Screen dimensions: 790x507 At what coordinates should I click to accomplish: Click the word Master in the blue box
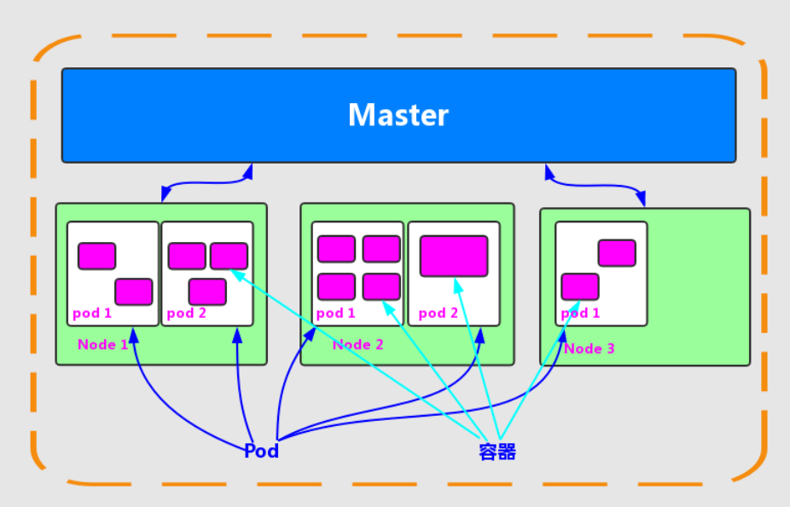(398, 115)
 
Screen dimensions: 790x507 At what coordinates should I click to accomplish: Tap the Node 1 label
(102, 344)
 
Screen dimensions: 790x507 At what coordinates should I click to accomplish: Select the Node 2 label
(358, 344)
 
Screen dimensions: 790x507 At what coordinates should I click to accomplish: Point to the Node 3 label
(590, 349)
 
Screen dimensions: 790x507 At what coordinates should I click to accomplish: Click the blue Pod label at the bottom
(262, 451)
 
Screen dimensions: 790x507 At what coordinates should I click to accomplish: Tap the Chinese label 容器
(497, 451)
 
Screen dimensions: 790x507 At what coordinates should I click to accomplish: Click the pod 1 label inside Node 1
(91, 314)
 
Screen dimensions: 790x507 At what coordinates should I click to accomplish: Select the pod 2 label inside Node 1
(187, 314)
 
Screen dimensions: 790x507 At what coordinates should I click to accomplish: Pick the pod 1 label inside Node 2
(335, 314)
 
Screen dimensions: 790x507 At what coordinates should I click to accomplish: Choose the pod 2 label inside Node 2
(439, 314)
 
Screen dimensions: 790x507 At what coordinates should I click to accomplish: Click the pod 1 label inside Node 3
(580, 314)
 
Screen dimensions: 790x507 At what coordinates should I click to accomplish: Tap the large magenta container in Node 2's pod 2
(454, 256)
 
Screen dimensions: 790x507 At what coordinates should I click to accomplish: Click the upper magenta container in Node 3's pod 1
(617, 253)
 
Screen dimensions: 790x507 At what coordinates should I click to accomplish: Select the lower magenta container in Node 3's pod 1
(580, 286)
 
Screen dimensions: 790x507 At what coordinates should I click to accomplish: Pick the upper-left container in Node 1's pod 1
(96, 256)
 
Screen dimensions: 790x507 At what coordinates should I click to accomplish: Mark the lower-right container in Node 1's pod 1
(133, 291)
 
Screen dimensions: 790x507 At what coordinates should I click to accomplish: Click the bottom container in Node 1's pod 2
(207, 291)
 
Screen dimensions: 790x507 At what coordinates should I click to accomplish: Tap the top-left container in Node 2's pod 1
(336, 249)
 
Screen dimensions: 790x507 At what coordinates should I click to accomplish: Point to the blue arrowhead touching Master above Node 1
(247, 171)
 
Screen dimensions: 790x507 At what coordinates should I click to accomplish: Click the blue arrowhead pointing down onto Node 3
(641, 199)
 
